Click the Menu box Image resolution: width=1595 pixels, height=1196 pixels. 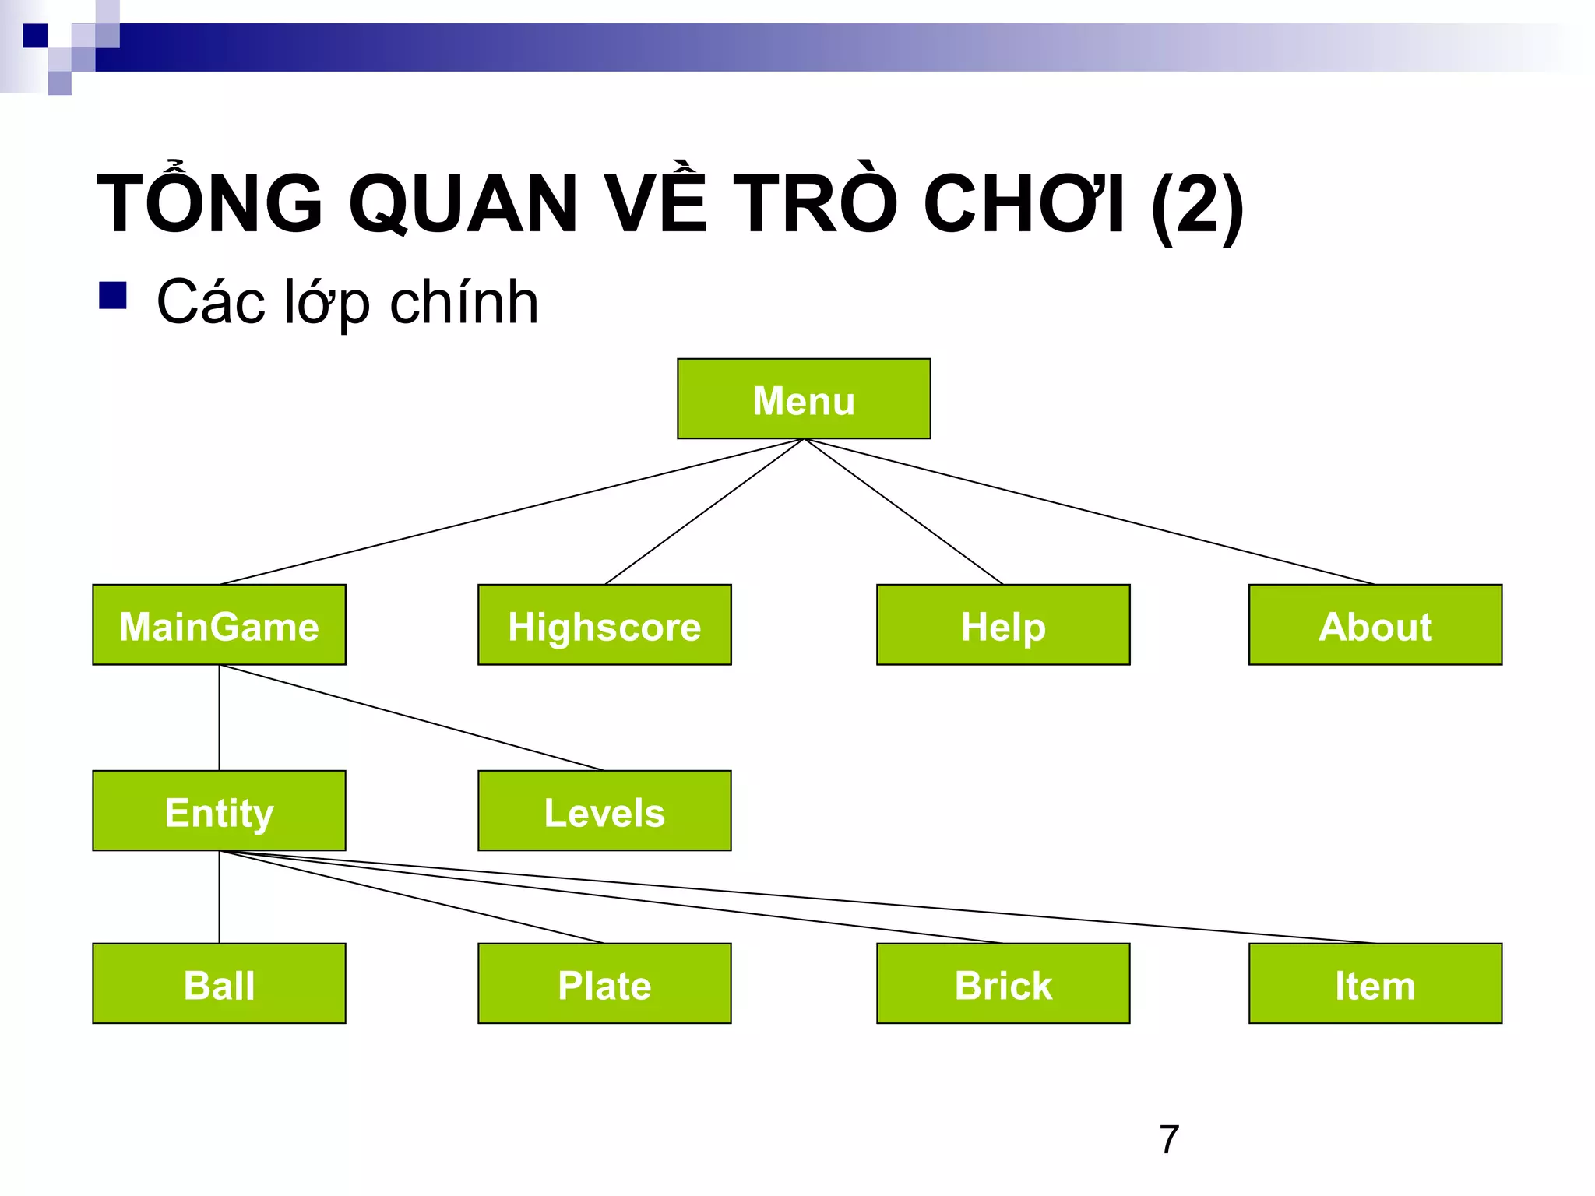click(804, 399)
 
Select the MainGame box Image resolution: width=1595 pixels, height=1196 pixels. click(219, 624)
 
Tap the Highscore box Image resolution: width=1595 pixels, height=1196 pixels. click(604, 624)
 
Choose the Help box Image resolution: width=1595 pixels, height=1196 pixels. click(1003, 624)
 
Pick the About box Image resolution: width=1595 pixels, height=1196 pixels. click(1375, 624)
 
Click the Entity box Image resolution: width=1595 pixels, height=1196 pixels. click(219, 811)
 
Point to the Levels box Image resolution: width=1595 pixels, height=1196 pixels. click(604, 811)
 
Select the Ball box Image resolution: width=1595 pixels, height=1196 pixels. click(219, 983)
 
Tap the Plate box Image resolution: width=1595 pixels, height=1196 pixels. click(604, 983)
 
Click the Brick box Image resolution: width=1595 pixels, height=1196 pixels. click(1003, 983)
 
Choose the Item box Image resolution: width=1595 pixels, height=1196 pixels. click(1375, 983)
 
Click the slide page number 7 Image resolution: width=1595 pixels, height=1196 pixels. click(1169, 1139)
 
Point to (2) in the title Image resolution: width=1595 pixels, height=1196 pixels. click(1196, 204)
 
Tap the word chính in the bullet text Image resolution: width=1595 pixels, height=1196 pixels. click(464, 302)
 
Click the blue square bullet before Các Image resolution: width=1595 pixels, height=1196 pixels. click(113, 296)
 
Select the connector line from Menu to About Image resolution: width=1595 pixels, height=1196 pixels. click(1090, 512)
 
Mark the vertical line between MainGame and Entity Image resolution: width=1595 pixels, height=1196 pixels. click(220, 717)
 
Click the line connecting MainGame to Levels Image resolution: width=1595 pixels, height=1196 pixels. click(413, 718)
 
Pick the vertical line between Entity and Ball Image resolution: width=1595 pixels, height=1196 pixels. click(220, 897)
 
